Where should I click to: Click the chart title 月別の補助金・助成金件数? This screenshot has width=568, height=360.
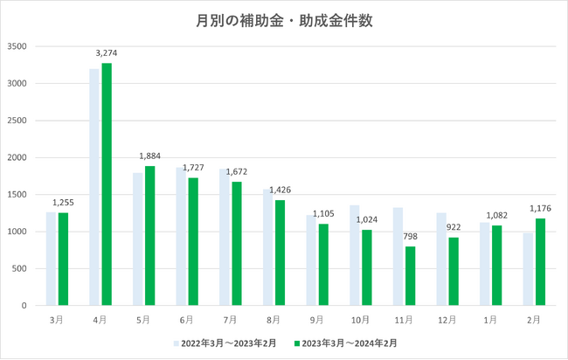(283, 20)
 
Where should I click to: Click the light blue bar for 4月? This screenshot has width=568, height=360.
(95, 187)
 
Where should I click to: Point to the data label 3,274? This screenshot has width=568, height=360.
(106, 53)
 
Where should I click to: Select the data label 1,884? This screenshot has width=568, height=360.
(149, 156)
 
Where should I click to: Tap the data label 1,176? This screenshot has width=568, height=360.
(541, 208)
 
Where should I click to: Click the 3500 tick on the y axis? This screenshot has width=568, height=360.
(17, 46)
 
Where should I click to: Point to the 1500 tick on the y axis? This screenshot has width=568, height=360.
(17, 195)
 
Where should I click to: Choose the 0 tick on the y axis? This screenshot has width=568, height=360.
(24, 306)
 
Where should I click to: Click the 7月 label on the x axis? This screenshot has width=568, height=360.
(230, 320)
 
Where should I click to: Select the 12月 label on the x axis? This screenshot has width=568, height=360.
(447, 320)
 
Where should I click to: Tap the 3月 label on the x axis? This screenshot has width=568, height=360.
(57, 320)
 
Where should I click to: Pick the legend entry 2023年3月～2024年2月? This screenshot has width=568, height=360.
(348, 343)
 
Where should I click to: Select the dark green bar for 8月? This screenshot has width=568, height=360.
(280, 253)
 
